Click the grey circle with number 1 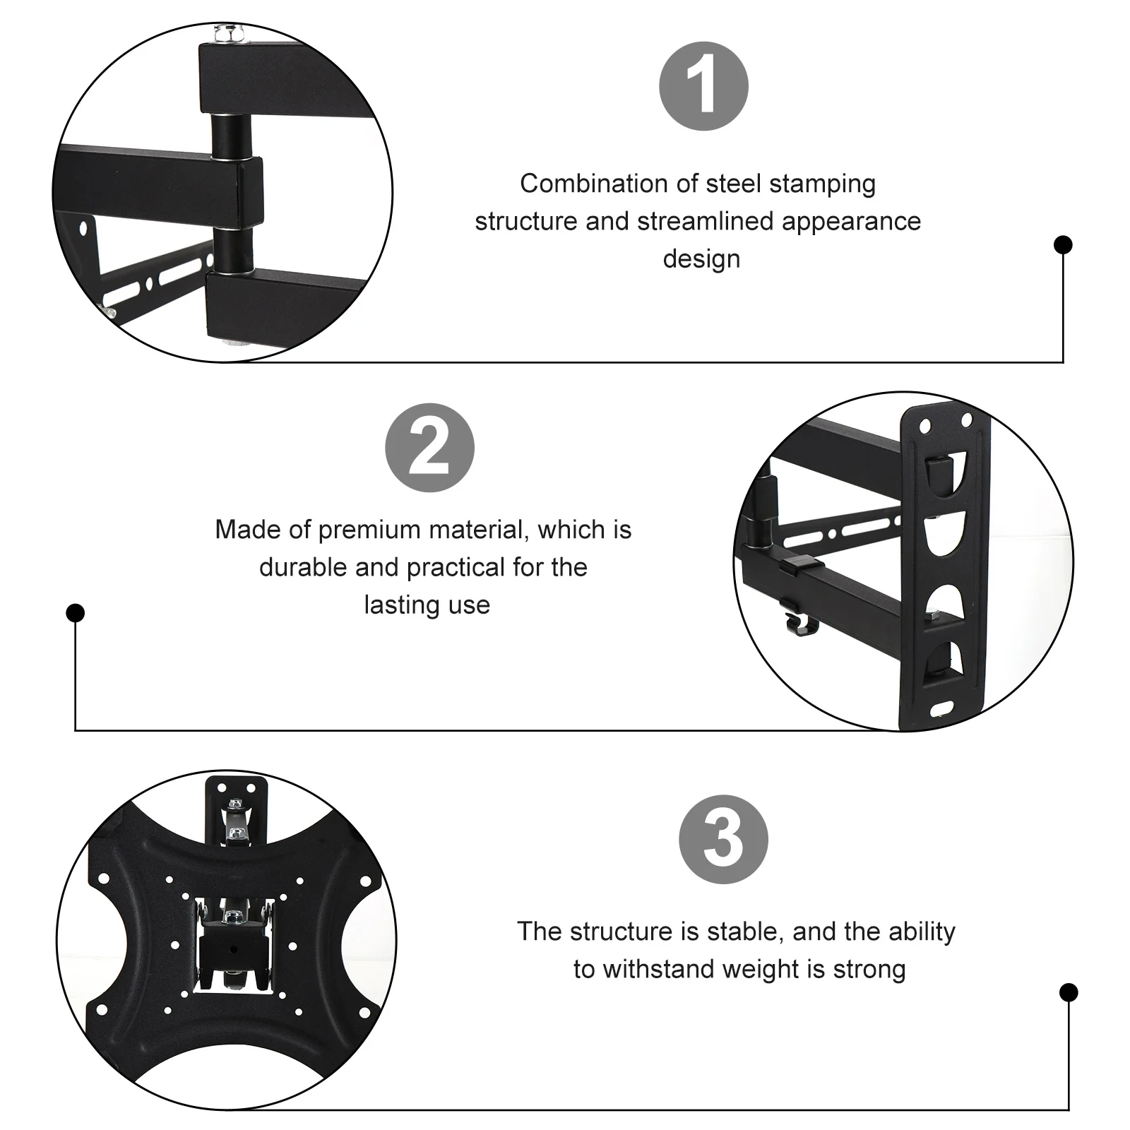(703, 86)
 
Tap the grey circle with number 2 (429, 448)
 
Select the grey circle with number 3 (723, 839)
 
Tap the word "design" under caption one (701, 258)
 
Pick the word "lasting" (396, 605)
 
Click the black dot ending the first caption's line (1063, 245)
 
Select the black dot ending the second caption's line (76, 612)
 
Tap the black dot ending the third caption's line (1069, 992)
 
